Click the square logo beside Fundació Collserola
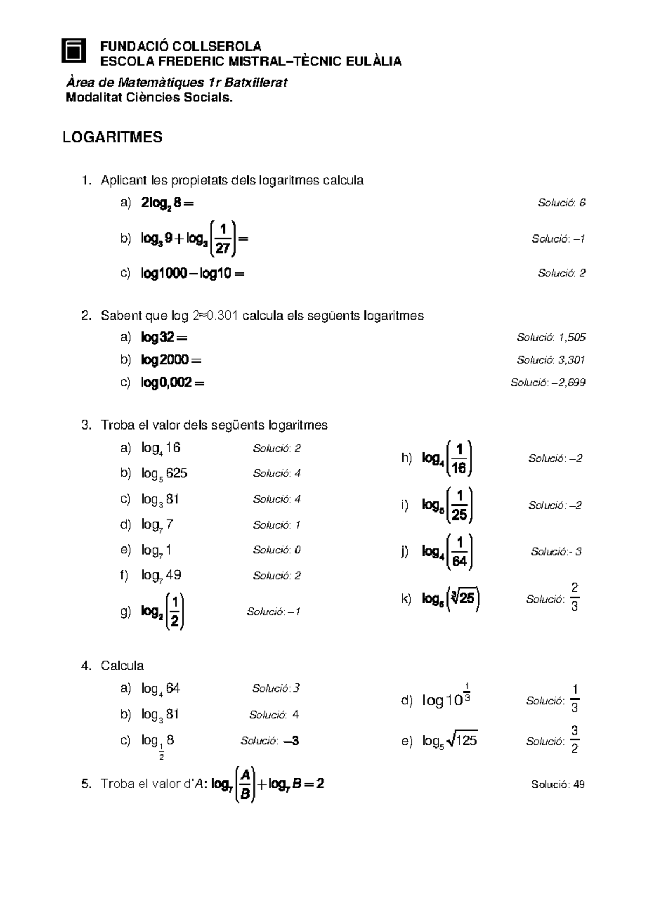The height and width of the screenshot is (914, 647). [x=74, y=51]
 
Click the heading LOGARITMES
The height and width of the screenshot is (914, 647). [x=112, y=137]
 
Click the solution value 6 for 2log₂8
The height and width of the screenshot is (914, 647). [x=582, y=203]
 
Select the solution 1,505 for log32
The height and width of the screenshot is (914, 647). [x=572, y=338]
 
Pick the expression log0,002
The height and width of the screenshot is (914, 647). [x=167, y=383]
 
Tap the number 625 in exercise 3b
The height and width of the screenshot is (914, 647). [x=177, y=474]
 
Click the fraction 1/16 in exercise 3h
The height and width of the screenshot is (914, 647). [x=459, y=459]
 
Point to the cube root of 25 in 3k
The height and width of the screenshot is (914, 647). [x=464, y=599]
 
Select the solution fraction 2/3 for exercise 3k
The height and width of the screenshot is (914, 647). [x=574, y=597]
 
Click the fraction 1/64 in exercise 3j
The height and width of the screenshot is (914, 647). [x=459, y=552]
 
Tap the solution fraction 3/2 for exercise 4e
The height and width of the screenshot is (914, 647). [x=575, y=739]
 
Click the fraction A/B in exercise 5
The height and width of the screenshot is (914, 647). [x=245, y=785]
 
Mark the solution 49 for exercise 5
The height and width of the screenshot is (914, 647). [x=579, y=785]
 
